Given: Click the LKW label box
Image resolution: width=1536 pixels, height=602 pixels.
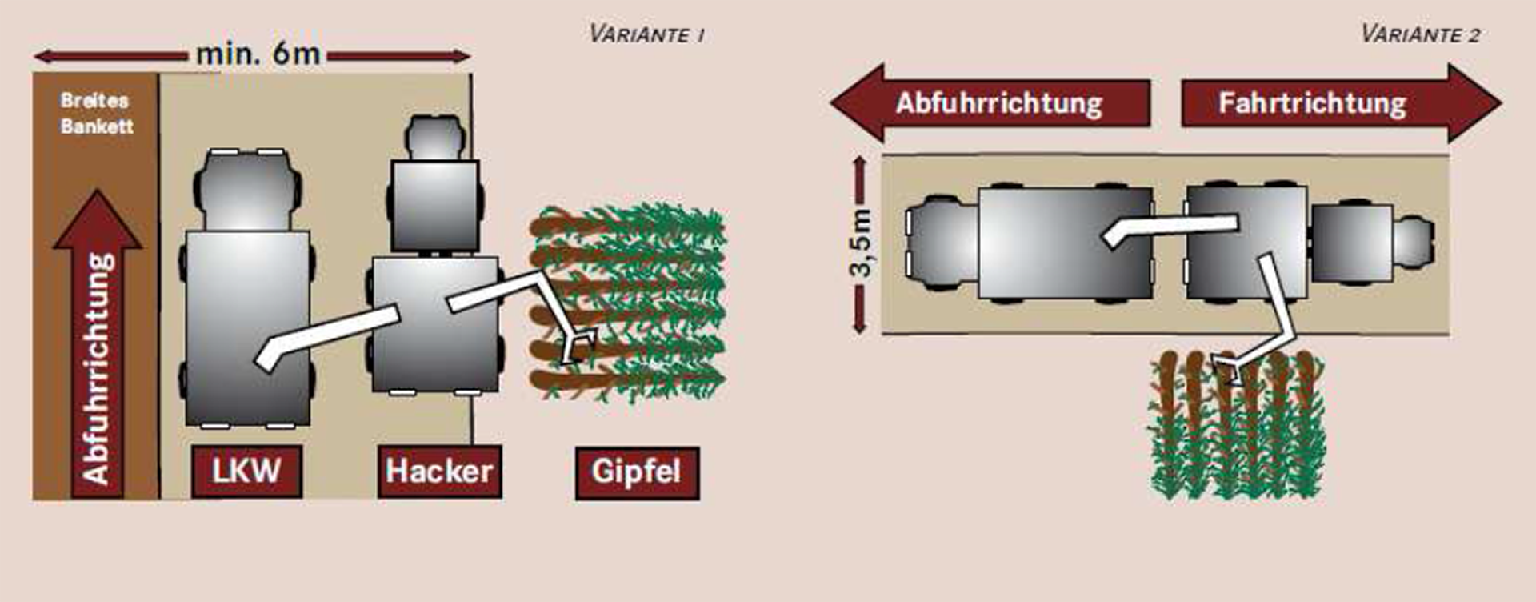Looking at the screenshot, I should click(246, 472).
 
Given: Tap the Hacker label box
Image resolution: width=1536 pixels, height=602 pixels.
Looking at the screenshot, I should click(439, 472).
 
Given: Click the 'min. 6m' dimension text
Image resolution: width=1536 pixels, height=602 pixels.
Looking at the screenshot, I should click(258, 54).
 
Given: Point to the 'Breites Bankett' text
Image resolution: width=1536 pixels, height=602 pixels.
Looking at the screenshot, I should click(97, 113).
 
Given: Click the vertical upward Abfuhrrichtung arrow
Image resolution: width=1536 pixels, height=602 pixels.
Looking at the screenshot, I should click(97, 344).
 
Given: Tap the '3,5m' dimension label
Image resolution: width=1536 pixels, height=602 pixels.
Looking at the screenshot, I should click(861, 243).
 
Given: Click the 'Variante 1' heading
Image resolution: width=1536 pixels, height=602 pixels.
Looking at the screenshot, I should click(646, 34).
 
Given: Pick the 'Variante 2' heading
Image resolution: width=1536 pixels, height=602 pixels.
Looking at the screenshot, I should click(1420, 34).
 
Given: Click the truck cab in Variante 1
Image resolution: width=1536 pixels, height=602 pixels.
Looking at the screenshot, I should click(247, 188).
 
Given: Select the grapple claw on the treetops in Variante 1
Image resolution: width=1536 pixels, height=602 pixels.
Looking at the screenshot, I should click(578, 347).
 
